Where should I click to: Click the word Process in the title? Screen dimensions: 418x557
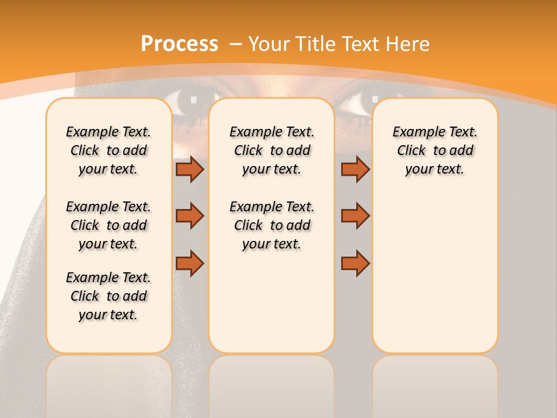coord(179,44)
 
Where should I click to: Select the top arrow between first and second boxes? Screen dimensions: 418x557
coord(190,169)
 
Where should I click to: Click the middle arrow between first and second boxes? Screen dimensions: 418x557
coord(190,216)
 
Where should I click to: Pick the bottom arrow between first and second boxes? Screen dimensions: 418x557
coord(190,263)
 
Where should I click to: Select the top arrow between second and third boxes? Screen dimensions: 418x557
coord(355,169)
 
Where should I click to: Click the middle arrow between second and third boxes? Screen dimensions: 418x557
coord(355,216)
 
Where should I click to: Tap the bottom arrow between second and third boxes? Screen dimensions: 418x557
coord(355,263)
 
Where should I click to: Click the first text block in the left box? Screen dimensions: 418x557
coord(108,150)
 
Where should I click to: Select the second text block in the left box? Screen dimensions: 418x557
coord(108,225)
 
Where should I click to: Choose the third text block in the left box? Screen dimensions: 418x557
coord(108,296)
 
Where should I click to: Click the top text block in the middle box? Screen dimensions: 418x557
coord(272,150)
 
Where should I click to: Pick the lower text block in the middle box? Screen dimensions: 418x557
coord(272,225)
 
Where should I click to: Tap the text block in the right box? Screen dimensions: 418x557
coord(435,150)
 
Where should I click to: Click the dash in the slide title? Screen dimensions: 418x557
coord(236,44)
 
